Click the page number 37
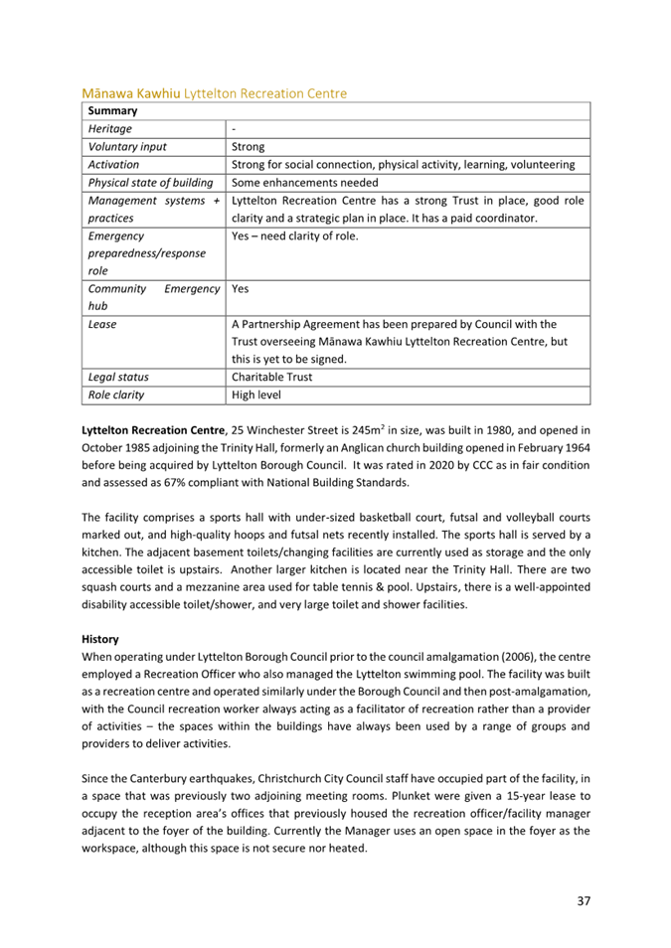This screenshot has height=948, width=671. coord(584,902)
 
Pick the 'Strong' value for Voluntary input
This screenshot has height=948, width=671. coord(248,146)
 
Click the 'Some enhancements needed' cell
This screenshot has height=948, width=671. coord(303,182)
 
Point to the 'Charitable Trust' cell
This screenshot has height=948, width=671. coord(274,377)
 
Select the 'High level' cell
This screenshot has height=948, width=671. coord(257,395)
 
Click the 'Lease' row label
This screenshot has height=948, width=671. coord(101,324)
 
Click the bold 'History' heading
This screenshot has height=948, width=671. coord(100,641)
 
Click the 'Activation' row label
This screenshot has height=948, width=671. coord(113,164)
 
